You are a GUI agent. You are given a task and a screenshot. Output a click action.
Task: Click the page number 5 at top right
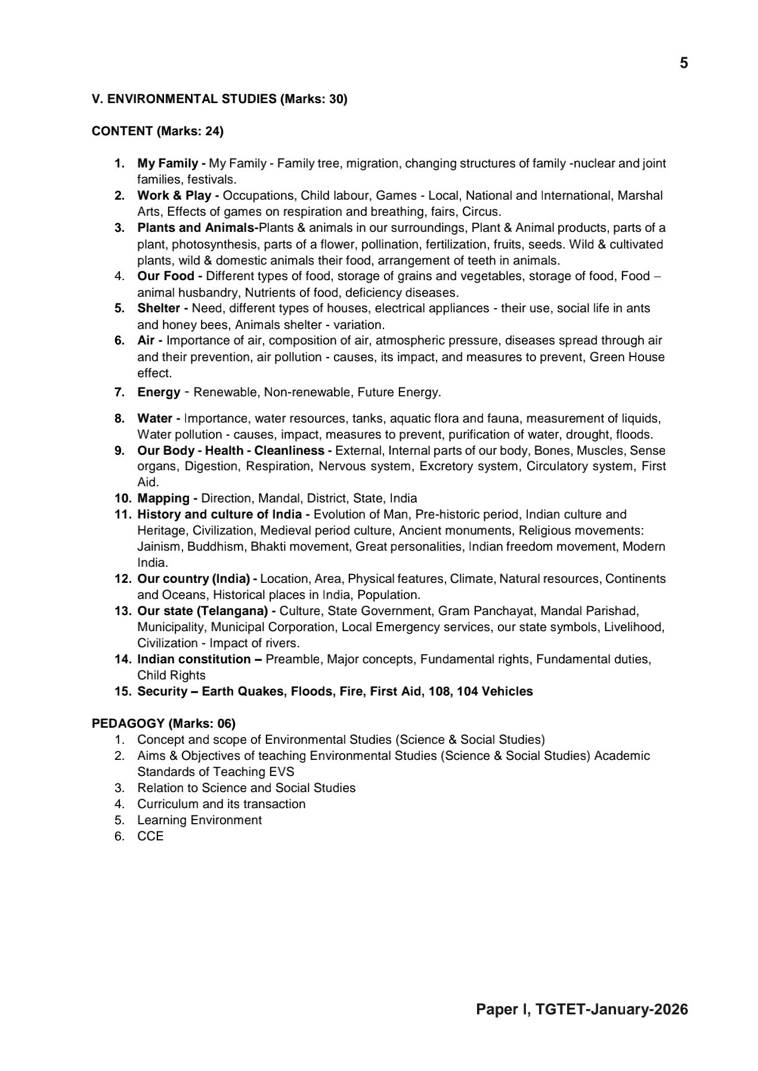[x=683, y=63]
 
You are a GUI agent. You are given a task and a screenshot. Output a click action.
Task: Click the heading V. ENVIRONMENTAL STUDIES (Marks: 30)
[x=219, y=99]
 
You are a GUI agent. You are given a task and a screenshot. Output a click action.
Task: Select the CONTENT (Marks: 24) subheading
[x=157, y=131]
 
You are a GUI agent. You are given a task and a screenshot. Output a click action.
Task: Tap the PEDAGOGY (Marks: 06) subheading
[x=163, y=724]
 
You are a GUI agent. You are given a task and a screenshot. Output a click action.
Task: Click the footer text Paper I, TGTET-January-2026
[x=581, y=1009]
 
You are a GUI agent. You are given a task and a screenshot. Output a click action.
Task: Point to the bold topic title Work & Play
[x=174, y=195]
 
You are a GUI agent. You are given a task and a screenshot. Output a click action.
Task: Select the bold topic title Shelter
[x=159, y=308]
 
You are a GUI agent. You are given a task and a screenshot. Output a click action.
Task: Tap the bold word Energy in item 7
[x=159, y=392]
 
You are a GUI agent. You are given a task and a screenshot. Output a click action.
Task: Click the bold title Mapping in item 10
[x=163, y=498]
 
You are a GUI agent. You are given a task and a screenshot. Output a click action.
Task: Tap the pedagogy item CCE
[x=150, y=836]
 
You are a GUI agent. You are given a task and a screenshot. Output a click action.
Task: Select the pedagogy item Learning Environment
[x=199, y=820]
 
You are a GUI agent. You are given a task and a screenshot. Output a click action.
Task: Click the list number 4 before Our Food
[x=119, y=276]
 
